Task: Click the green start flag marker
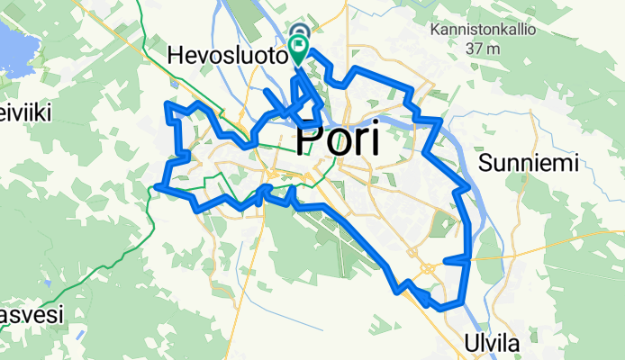tap(299, 45)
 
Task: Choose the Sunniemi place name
tap(527, 164)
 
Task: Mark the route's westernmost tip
tap(157, 187)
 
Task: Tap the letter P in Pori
tap(308, 140)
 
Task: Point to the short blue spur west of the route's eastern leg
tap(455, 259)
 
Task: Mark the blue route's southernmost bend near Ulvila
tap(441, 308)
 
